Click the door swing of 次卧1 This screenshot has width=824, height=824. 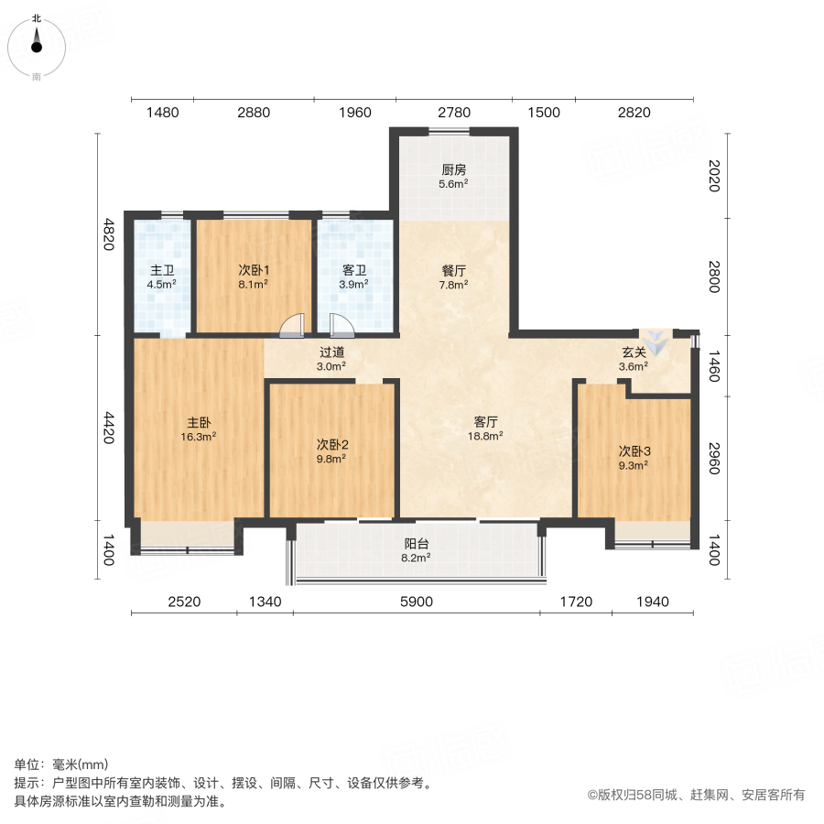click(293, 326)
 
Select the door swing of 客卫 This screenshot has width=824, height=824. click(341, 326)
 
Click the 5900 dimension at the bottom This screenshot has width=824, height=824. click(417, 602)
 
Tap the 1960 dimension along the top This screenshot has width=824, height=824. click(354, 113)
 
